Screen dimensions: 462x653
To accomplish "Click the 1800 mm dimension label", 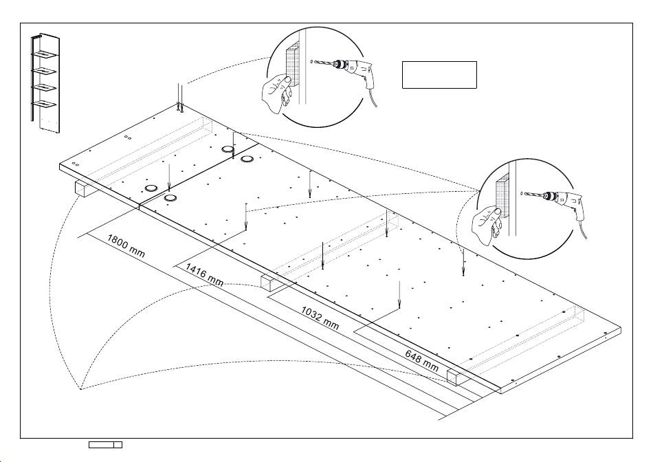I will (x=126, y=245).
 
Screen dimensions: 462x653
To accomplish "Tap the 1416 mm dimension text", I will (x=204, y=274).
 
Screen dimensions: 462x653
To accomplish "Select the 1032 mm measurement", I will (x=320, y=316).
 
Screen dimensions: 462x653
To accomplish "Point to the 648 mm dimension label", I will (x=421, y=360).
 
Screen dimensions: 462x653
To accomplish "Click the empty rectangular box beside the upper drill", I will (x=439, y=74).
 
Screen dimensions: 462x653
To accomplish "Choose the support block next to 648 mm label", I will (x=456, y=376).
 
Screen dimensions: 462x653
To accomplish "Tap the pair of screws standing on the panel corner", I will (x=180, y=98).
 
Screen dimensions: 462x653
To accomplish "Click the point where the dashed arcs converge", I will (x=80, y=388).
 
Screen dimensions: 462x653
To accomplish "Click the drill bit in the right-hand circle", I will (x=533, y=195).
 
